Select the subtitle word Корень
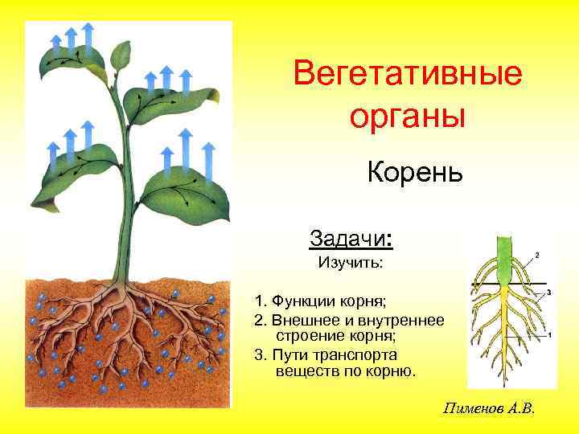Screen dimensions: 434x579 tap(415, 171)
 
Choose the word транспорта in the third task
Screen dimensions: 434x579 tap(363, 354)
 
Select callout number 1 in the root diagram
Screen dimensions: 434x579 tap(548, 336)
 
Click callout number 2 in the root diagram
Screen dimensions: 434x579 tap(536, 255)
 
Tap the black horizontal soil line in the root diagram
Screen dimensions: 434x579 tap(482, 286)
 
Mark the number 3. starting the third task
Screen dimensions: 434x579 tap(259, 354)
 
